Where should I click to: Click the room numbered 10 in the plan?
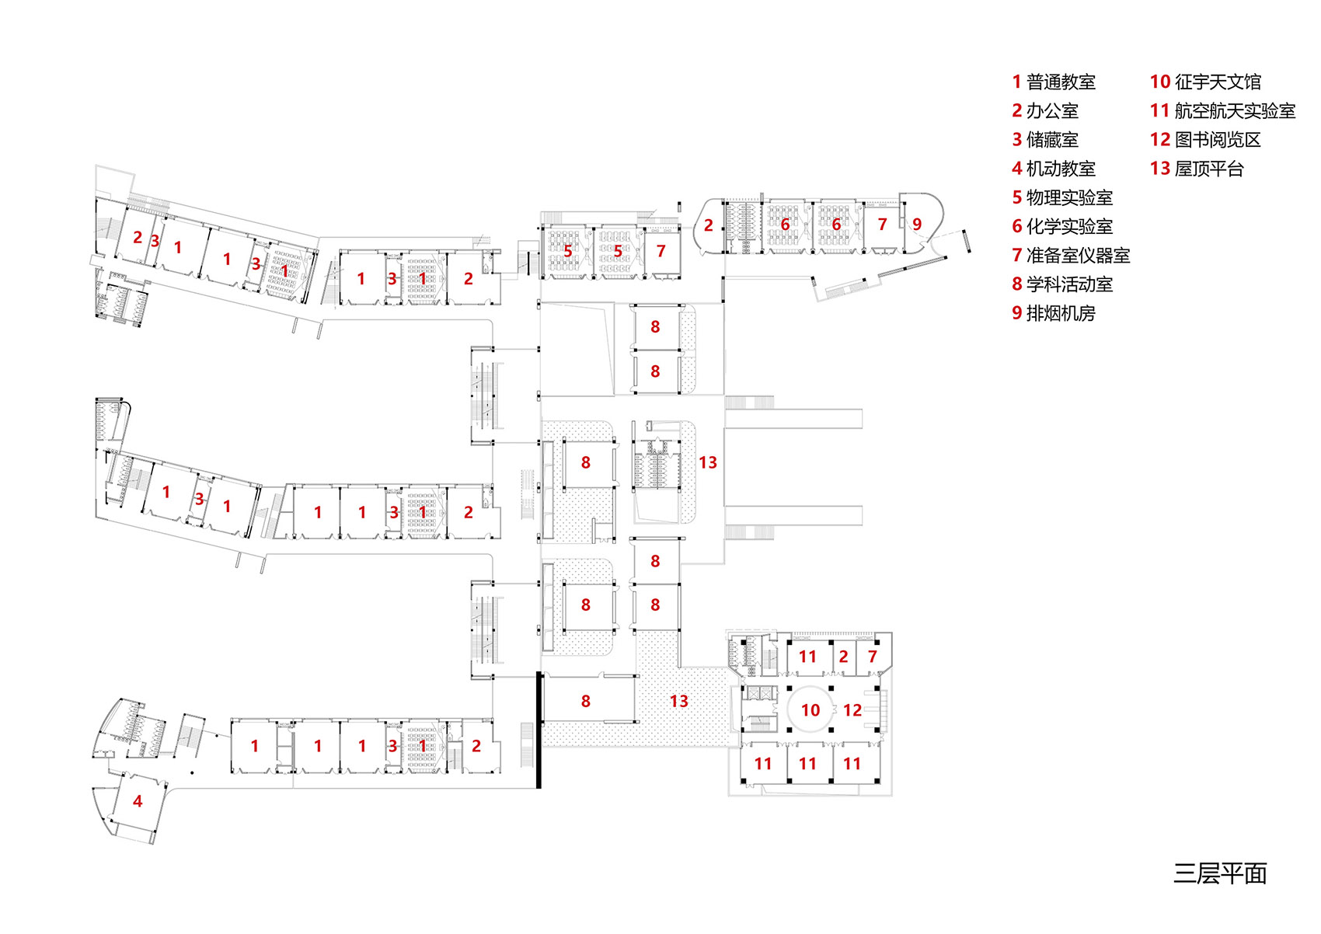810,710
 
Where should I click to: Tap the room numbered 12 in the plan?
852,710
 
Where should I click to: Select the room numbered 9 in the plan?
917,225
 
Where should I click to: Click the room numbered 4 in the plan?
138,801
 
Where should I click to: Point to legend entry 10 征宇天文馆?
1205,82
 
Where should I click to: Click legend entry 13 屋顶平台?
1197,169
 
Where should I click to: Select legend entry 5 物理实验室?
1062,197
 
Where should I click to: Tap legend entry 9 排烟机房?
1054,313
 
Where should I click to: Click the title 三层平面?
1220,873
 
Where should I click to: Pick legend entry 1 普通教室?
1054,82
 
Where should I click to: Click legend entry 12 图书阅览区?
1205,140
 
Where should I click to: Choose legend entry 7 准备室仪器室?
1071,255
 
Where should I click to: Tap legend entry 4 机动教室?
1054,169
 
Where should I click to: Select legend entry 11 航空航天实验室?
1222,111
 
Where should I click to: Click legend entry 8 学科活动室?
1062,284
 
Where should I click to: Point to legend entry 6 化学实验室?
1062,226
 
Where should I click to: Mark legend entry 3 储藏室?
1045,140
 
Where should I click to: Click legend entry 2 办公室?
1045,111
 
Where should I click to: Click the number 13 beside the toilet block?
708,463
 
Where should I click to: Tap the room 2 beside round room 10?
844,657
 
